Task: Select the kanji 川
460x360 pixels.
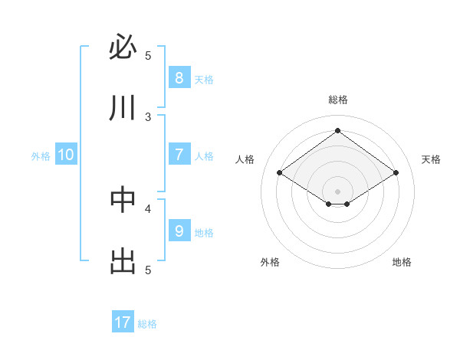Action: coord(123,108)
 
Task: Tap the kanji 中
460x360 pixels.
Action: coord(123,200)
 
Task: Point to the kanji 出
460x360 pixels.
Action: coord(123,261)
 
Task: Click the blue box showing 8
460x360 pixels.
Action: coord(179,77)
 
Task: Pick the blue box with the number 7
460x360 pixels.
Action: coord(179,155)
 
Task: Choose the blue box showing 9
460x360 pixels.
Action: coord(179,231)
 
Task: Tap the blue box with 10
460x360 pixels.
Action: coord(66,155)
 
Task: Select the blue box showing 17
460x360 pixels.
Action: coord(123,322)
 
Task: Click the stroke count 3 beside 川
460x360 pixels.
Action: coord(148,116)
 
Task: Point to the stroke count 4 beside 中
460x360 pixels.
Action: coord(148,208)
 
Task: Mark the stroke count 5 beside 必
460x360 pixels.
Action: coord(148,55)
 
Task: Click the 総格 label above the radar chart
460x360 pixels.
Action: coord(337,100)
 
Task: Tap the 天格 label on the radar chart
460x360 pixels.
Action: coord(431,159)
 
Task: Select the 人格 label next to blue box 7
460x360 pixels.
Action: coord(204,156)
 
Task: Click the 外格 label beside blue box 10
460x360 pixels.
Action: coord(41,156)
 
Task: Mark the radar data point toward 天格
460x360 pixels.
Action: coord(396,173)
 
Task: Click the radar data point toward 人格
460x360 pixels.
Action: coord(280,173)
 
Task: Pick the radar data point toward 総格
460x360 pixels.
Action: coord(337,131)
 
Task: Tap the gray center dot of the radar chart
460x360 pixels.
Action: coord(337,191)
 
